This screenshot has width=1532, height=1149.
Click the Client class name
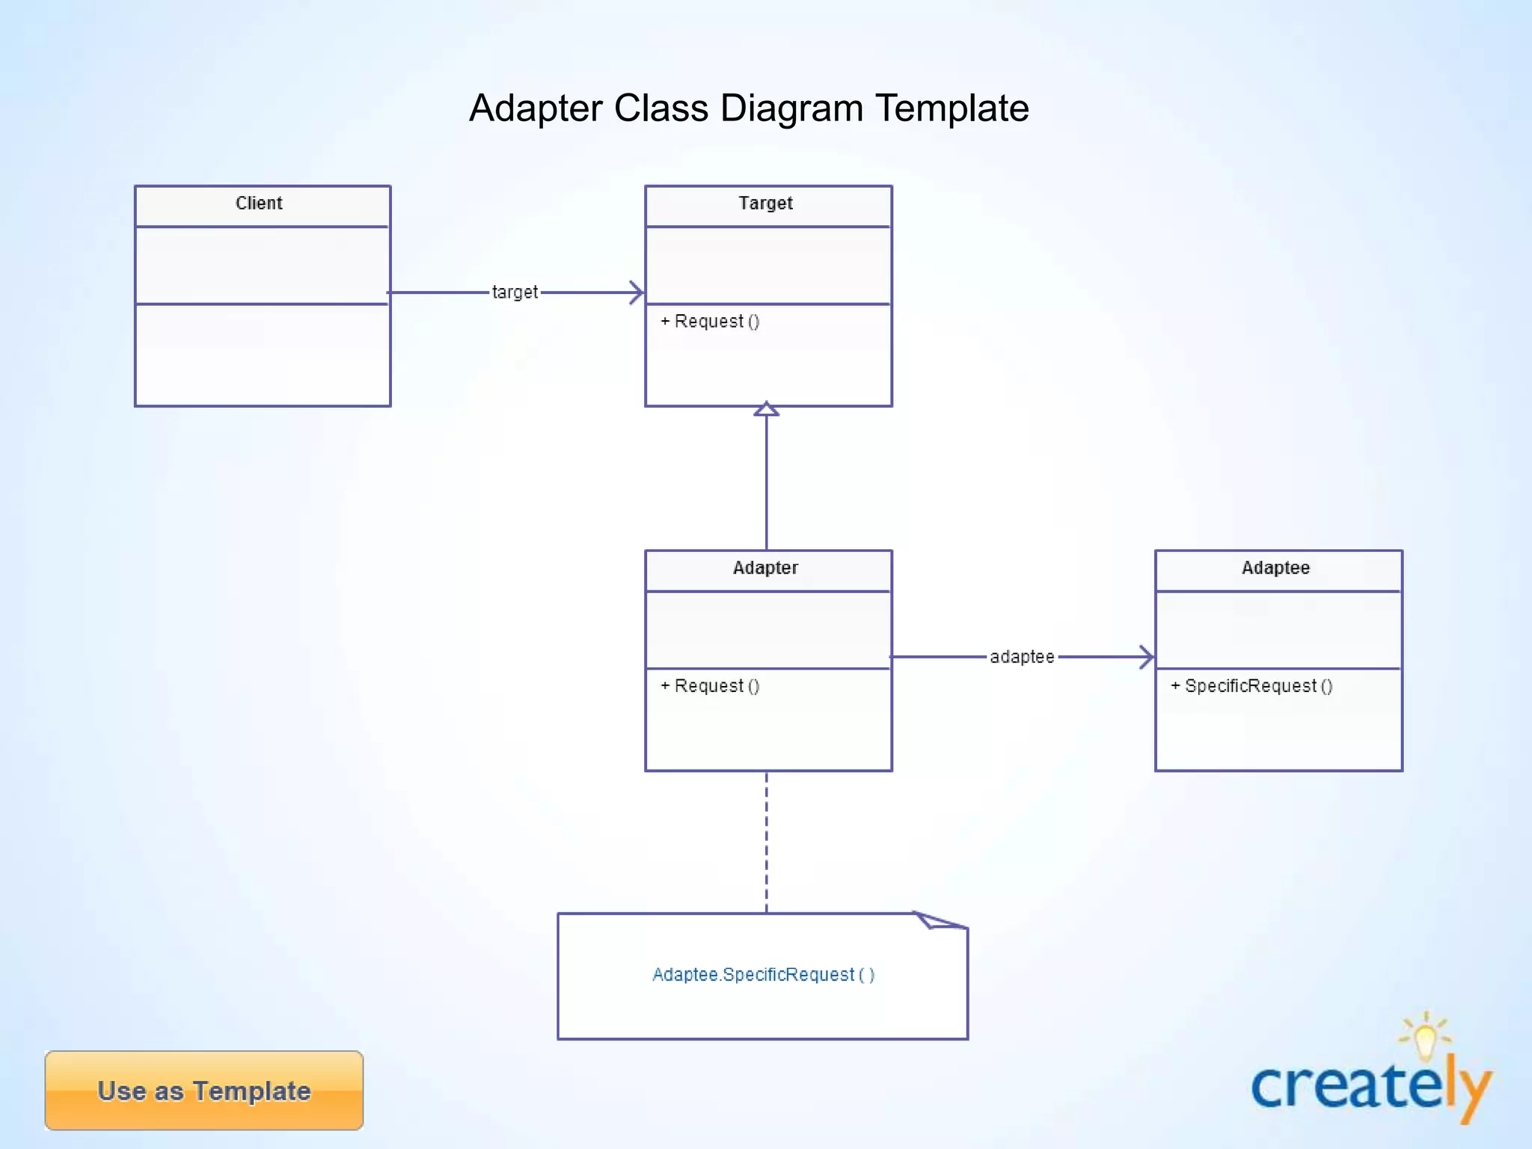pyautogui.click(x=259, y=203)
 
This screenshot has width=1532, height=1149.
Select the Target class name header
pyautogui.click(x=765, y=203)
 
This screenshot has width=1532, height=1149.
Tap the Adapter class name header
pyautogui.click(x=765, y=568)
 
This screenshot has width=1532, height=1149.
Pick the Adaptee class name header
pyautogui.click(x=1275, y=568)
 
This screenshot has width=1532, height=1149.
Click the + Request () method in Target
pyautogui.click(x=710, y=322)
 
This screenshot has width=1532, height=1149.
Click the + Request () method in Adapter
pyautogui.click(x=710, y=686)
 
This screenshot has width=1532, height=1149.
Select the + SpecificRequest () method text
pyautogui.click(x=1251, y=686)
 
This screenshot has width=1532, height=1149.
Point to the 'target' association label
pyautogui.click(x=515, y=292)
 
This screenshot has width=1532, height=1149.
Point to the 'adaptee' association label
pyautogui.click(x=1022, y=657)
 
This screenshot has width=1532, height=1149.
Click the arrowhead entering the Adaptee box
pyautogui.click(x=1146, y=657)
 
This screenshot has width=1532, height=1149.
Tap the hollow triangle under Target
pyautogui.click(x=766, y=410)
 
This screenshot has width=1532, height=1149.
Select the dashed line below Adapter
pyautogui.click(x=766, y=842)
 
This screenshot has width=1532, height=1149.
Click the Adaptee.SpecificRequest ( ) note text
pyautogui.click(x=763, y=975)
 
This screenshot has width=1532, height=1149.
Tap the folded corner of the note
pyautogui.click(x=938, y=920)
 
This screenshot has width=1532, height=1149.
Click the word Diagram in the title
pyautogui.click(x=792, y=108)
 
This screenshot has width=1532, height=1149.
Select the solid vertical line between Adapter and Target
pyautogui.click(x=766, y=482)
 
